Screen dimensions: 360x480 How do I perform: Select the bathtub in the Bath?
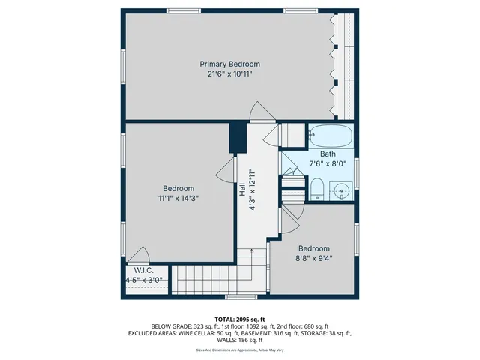pyautogui.click(x=330, y=137)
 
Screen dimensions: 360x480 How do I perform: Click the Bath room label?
pyautogui.click(x=318, y=154)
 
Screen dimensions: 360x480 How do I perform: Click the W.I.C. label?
pyautogui.click(x=144, y=270)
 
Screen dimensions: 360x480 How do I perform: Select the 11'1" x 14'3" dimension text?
pyautogui.click(x=178, y=199)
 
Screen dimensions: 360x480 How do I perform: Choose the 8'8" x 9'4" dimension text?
pyautogui.click(x=314, y=259)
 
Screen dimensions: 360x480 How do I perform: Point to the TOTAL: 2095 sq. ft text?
pyautogui.click(x=240, y=319)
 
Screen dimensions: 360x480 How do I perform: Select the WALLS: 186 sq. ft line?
pyautogui.click(x=240, y=340)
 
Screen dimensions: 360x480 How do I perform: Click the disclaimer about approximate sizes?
pyautogui.click(x=240, y=349)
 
